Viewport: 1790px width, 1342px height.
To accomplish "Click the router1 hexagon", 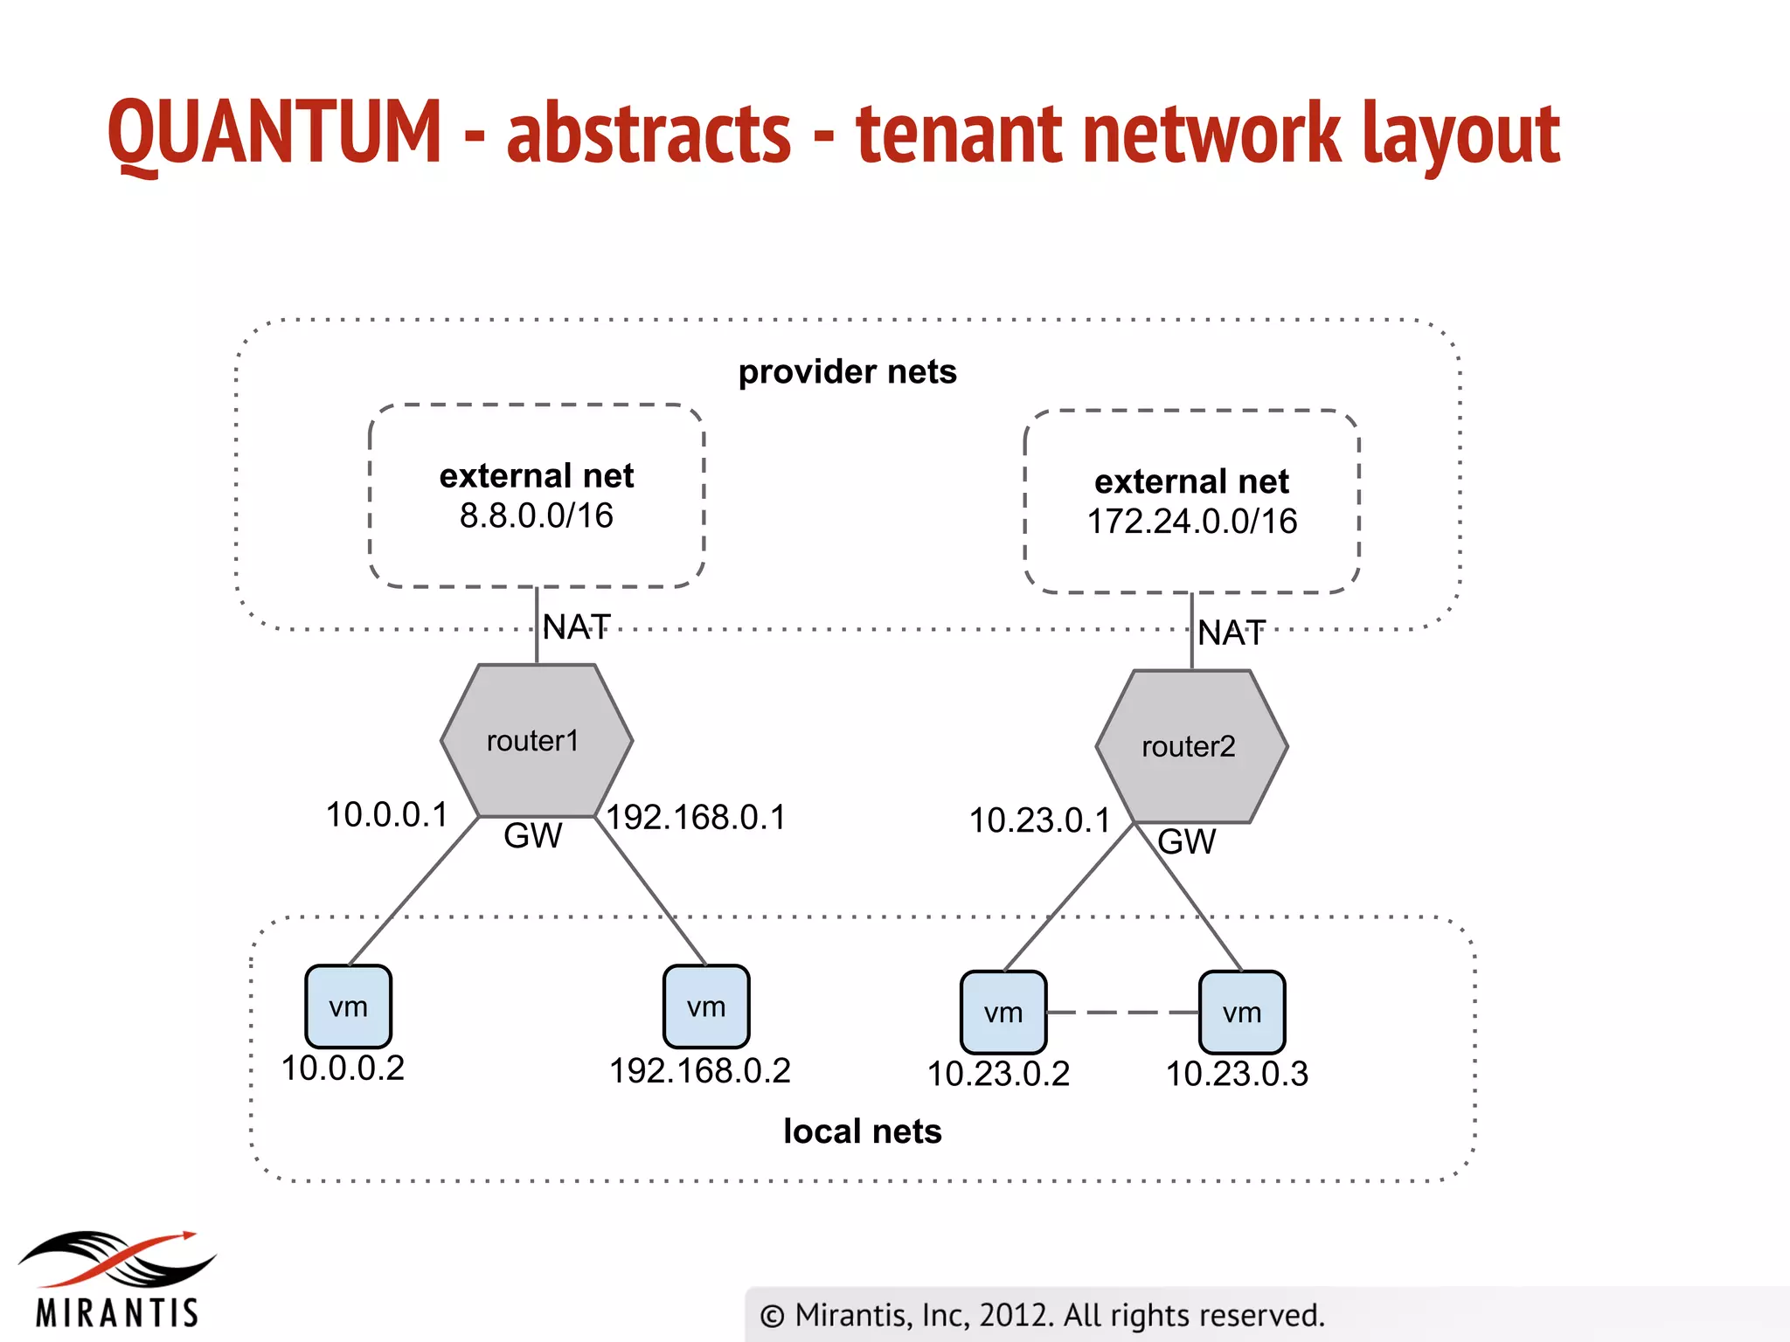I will tap(536, 741).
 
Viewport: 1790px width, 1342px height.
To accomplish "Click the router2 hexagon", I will tap(1190, 747).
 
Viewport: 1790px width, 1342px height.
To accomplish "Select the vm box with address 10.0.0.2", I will tap(348, 1006).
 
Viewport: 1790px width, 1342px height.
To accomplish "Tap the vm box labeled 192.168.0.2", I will tap(705, 1006).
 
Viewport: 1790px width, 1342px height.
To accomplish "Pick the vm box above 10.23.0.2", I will tap(1003, 1013).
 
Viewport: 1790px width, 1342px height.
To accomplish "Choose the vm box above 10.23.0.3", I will tap(1241, 1013).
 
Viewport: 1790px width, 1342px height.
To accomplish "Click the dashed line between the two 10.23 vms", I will tap(1122, 1013).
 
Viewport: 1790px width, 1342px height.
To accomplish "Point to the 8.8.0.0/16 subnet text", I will tap(536, 516).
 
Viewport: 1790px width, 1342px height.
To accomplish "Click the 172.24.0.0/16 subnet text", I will tap(1191, 522).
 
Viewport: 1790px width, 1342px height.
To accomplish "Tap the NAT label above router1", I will tap(576, 627).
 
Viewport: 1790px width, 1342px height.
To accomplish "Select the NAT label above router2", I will tap(1231, 633).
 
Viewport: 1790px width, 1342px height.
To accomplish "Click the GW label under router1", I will tap(532, 836).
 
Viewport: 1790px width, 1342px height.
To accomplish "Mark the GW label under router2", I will tap(1186, 842).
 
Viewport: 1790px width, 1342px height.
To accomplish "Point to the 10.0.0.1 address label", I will tap(386, 815).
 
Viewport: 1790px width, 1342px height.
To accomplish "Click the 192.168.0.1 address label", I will tap(697, 818).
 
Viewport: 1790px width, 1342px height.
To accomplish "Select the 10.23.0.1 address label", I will tap(1039, 821).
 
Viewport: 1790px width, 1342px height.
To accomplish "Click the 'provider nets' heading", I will tap(847, 372).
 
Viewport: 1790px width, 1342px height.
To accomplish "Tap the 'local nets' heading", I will tap(862, 1131).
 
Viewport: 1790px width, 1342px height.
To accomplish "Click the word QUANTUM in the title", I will tap(274, 133).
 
